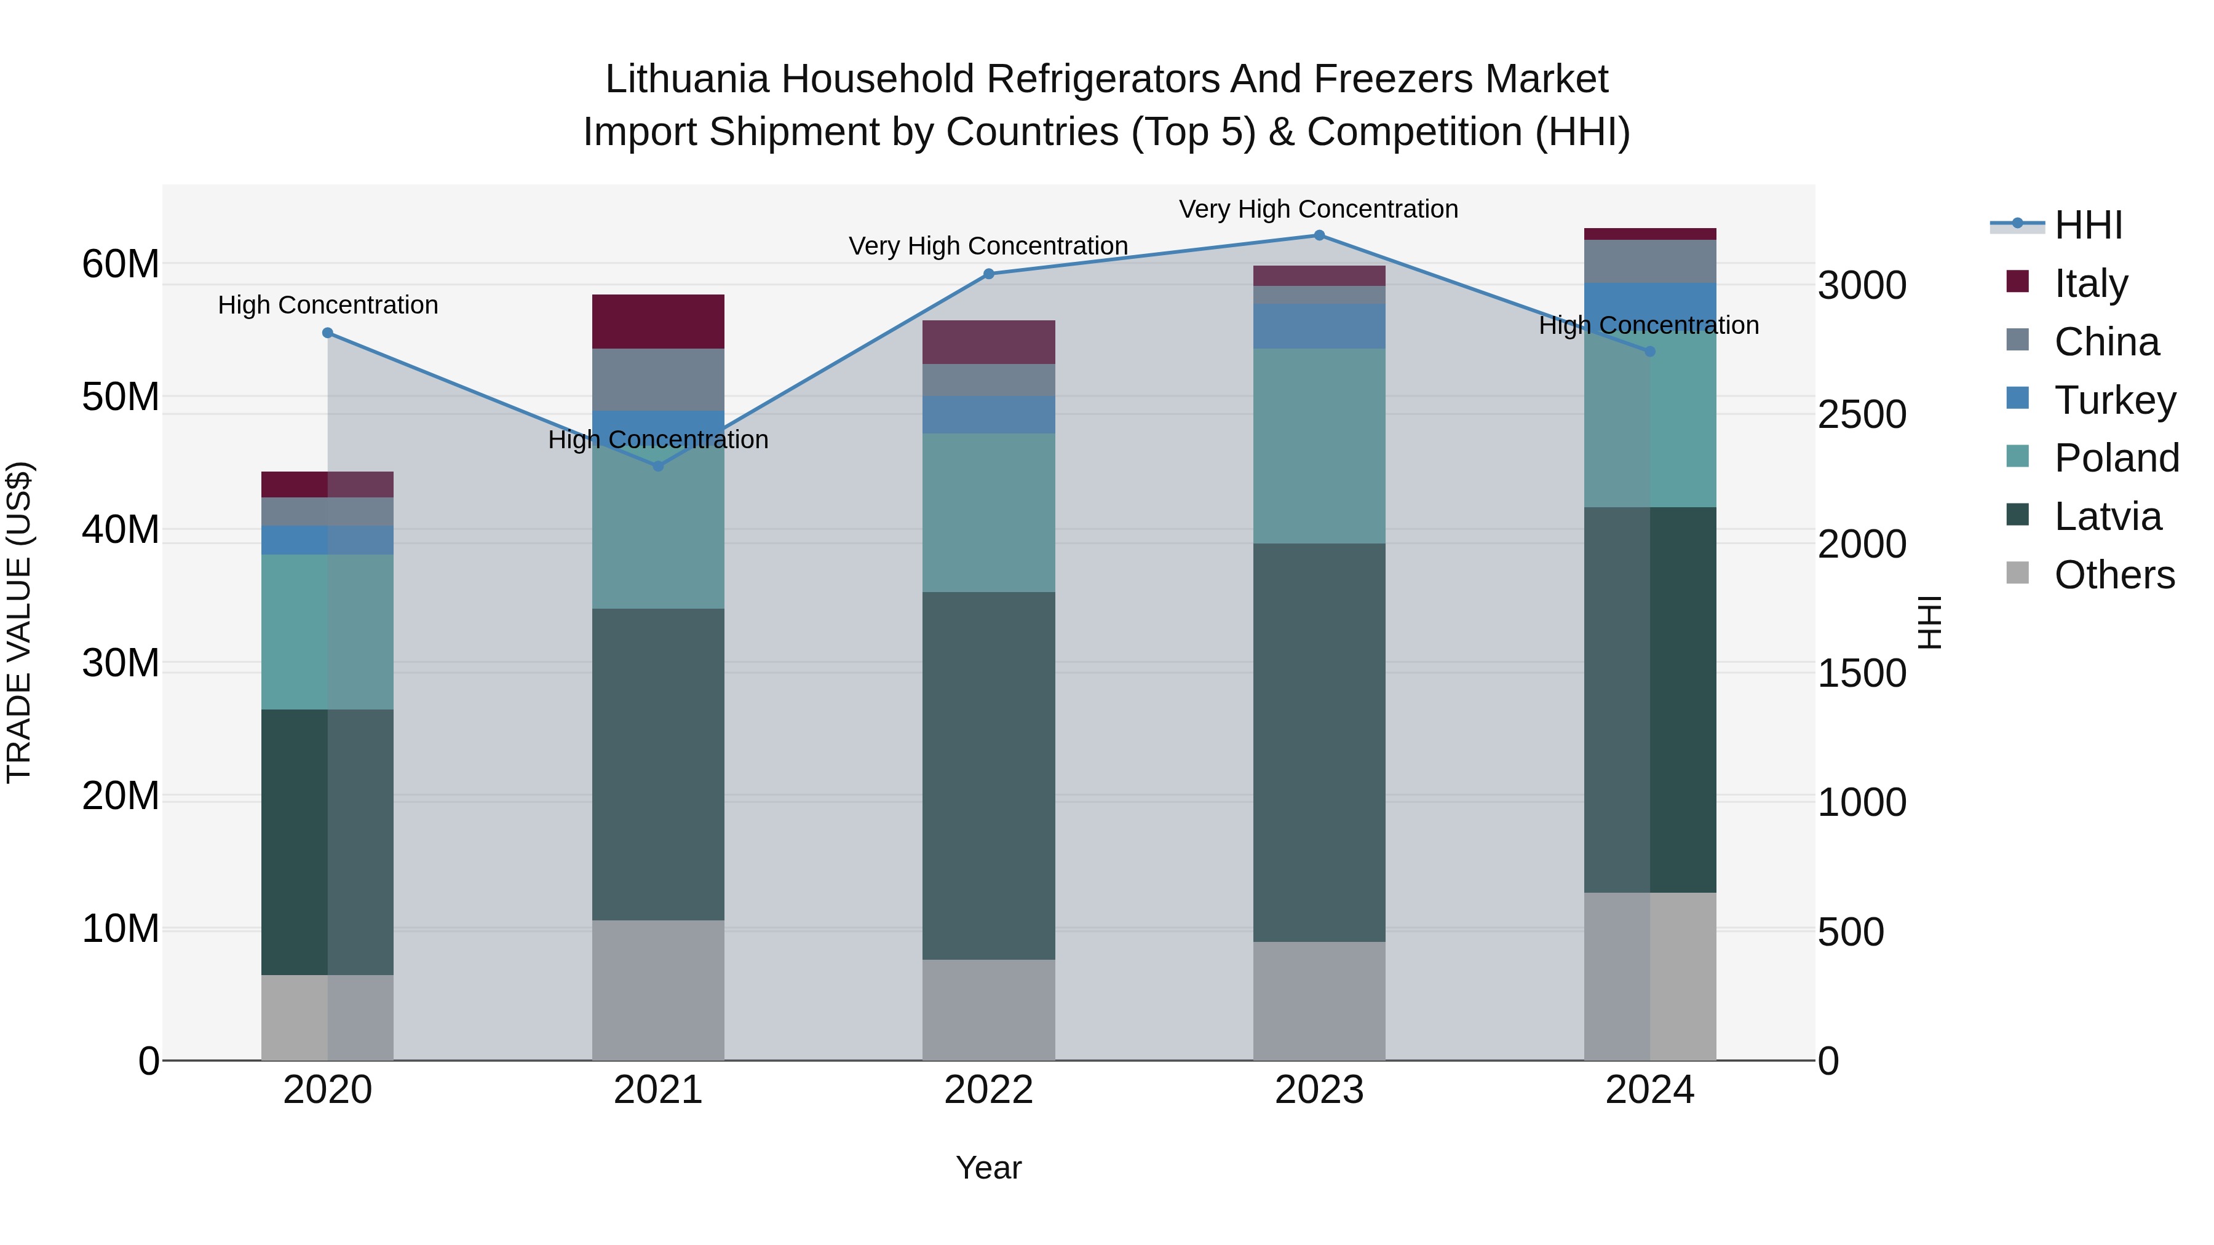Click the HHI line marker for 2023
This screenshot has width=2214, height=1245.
1319,235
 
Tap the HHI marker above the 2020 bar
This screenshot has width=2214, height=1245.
327,333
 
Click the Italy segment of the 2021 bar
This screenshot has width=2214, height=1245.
658,322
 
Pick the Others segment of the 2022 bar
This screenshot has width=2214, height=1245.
988,1010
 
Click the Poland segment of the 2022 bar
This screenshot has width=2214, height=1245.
988,513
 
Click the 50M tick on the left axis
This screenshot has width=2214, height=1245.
121,397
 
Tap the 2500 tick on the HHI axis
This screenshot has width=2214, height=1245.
1862,415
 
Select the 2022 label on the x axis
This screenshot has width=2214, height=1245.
988,1090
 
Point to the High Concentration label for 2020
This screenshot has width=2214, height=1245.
327,305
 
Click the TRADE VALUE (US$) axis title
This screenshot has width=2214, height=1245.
19,622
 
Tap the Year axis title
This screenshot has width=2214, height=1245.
988,1168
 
